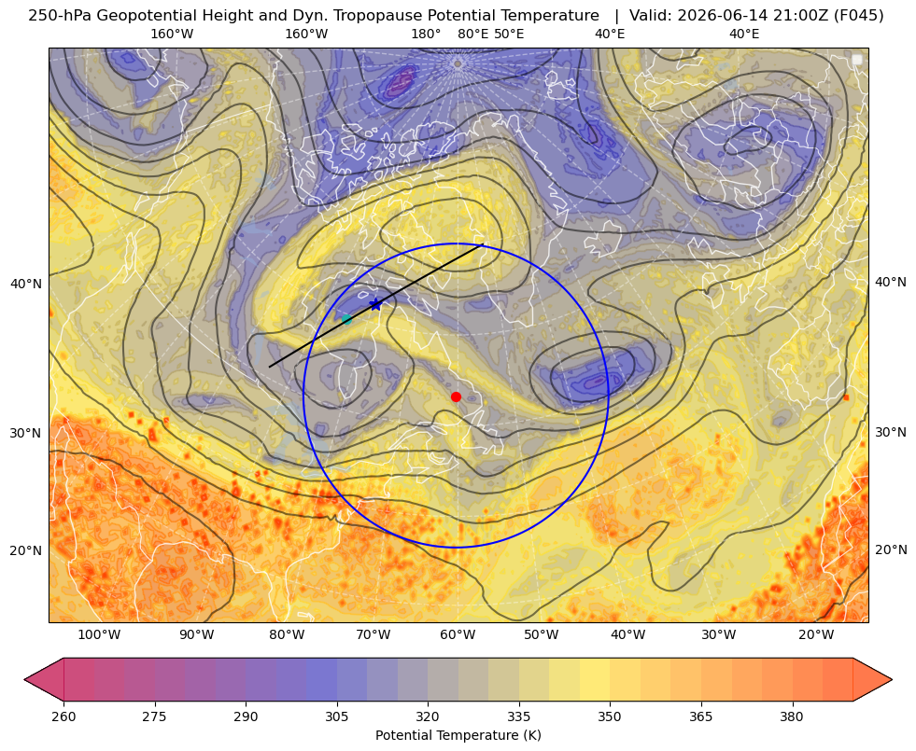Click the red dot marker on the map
coord(456,396)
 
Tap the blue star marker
coord(375,304)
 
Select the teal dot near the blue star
coord(346,319)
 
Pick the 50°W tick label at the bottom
coord(541,635)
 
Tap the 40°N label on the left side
coord(26,285)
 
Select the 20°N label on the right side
coord(891,549)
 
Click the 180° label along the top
coord(426,34)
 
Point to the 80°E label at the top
coord(472,34)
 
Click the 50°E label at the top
coord(509,34)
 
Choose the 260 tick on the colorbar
coord(63,716)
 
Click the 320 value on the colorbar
coord(429,716)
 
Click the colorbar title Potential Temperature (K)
coord(458,735)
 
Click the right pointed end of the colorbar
coord(892,679)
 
